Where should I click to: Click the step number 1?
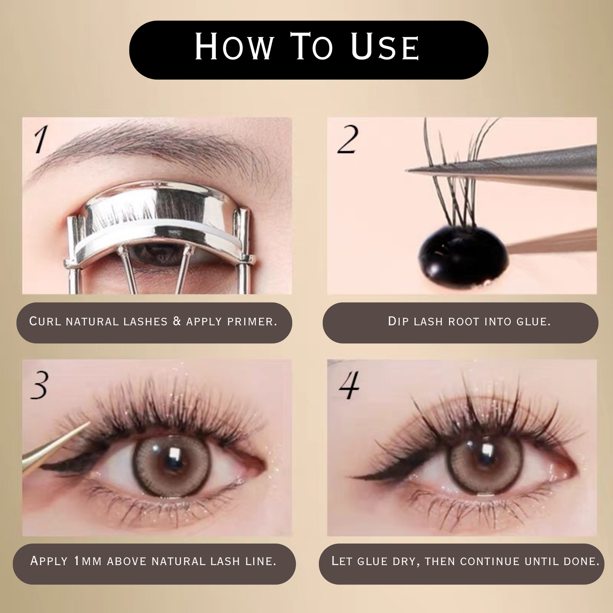(x=41, y=140)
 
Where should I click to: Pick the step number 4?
(x=349, y=385)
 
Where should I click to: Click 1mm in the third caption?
(x=88, y=561)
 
